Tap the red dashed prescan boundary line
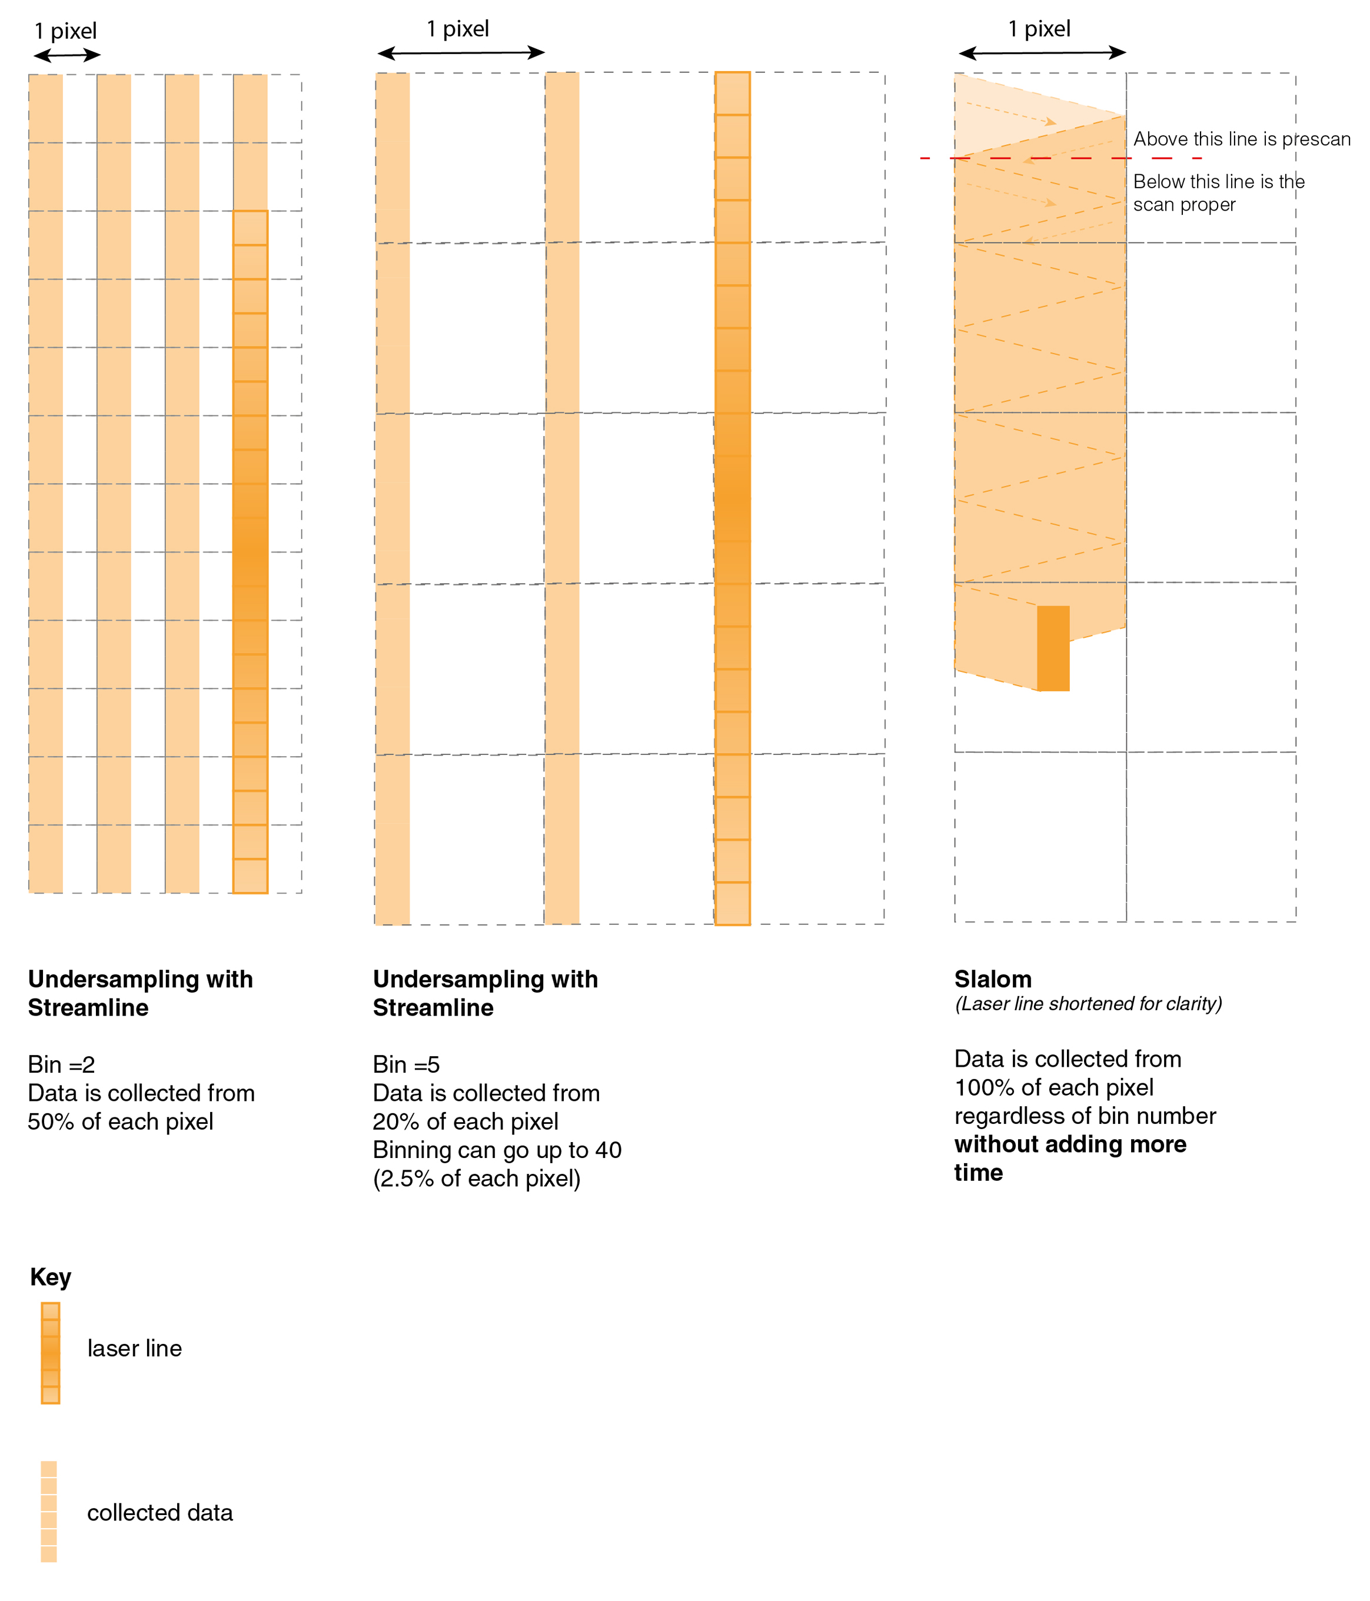point(1060,158)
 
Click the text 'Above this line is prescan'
point(1241,139)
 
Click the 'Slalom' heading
point(992,979)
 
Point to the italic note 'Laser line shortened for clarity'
point(1088,1004)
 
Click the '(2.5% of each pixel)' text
point(476,1179)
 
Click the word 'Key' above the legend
point(50,1276)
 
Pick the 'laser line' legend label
point(134,1349)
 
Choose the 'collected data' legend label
point(160,1512)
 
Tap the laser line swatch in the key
point(50,1352)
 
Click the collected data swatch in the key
point(49,1510)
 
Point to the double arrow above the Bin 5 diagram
point(461,52)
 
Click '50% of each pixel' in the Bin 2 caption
point(121,1121)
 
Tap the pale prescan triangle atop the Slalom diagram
point(997,116)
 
